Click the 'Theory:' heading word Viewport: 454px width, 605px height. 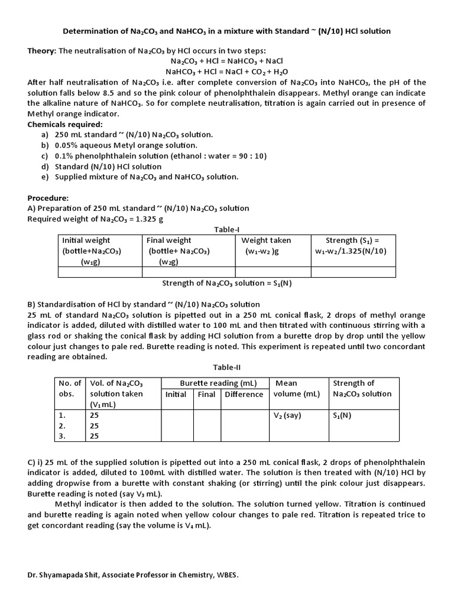point(42,51)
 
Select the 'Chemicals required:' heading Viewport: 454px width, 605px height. point(65,124)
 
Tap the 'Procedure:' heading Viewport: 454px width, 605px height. point(48,198)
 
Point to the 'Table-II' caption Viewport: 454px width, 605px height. point(227,367)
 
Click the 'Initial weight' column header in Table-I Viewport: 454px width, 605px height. point(86,240)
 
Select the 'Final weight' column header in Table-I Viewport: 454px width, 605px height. point(169,240)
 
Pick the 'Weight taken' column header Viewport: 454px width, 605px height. point(266,240)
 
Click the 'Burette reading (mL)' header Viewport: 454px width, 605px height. point(218,383)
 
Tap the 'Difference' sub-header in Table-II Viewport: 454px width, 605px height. point(244,394)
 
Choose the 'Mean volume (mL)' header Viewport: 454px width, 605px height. point(296,389)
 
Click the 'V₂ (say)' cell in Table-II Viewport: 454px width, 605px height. point(287,415)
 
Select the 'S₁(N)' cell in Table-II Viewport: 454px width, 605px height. point(342,415)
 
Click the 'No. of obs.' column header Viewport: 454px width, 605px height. point(69,389)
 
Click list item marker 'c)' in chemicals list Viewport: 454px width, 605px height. point(45,156)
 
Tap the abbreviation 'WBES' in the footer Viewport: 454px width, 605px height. point(226,574)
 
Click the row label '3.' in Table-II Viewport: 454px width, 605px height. point(62,436)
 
